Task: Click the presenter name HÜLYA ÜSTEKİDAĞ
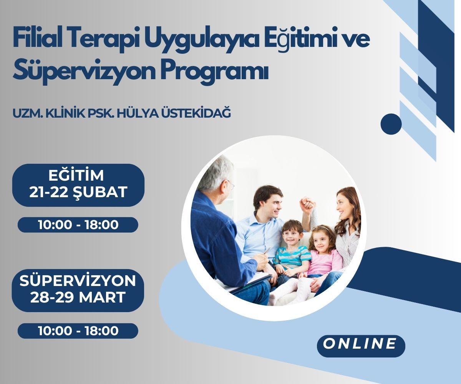point(179,113)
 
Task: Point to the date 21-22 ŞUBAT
point(78,192)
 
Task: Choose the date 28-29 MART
point(78,298)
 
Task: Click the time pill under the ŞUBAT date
point(78,225)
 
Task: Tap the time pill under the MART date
point(78,331)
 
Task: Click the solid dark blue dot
point(391,124)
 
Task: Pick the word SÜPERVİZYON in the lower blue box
point(78,281)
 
